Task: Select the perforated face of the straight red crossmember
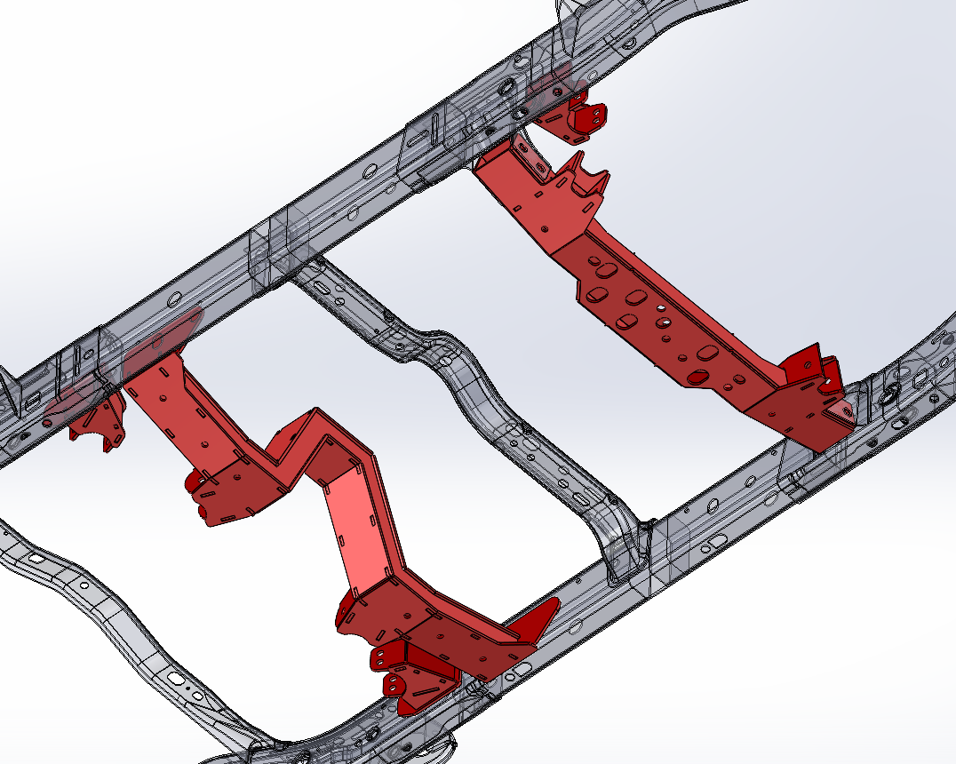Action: [657, 320]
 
